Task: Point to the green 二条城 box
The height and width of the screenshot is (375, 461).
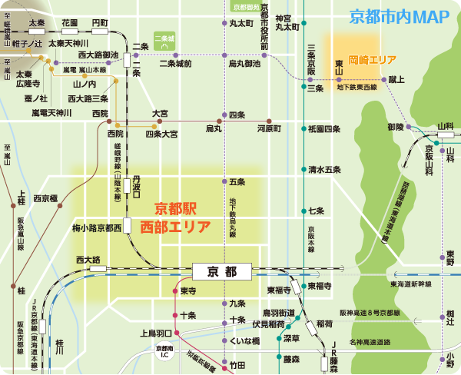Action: (164, 41)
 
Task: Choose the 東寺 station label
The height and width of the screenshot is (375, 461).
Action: (189, 290)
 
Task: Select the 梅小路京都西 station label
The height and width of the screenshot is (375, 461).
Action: (98, 228)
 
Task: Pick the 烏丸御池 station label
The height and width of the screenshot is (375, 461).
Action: (244, 64)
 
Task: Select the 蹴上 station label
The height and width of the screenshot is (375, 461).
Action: (396, 78)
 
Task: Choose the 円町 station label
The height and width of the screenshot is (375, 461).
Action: (99, 23)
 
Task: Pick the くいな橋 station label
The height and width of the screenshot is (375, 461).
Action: (245, 340)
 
